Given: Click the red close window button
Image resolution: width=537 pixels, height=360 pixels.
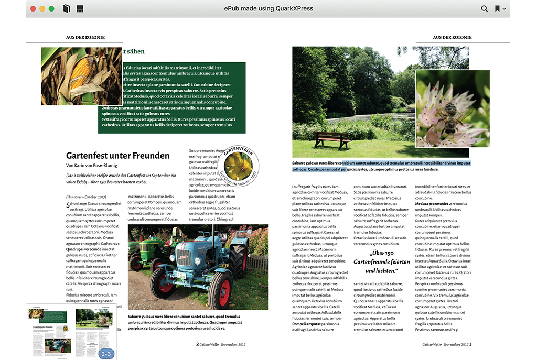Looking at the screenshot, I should click(x=33, y=8).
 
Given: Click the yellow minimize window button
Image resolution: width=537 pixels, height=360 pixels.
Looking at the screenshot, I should click(x=42, y=8).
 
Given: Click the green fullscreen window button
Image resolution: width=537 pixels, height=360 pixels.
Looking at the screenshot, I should click(x=51, y=8).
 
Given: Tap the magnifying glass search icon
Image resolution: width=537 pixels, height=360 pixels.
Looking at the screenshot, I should click(x=484, y=8).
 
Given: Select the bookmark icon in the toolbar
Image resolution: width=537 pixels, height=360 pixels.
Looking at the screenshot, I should click(x=497, y=8).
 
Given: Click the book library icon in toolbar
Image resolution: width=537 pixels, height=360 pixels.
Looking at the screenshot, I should click(x=66, y=8).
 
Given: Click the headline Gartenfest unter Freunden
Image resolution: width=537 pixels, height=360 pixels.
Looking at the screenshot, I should click(x=117, y=156).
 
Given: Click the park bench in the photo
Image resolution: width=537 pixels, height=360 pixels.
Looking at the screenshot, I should click(x=332, y=139).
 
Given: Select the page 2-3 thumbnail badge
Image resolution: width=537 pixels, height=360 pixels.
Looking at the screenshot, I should click(x=106, y=354).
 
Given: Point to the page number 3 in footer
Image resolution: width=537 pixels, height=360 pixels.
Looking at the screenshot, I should click(x=470, y=344).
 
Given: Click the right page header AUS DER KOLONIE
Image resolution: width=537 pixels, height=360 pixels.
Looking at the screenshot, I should click(x=452, y=37).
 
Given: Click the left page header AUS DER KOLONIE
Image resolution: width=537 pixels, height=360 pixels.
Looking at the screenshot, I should click(x=85, y=37).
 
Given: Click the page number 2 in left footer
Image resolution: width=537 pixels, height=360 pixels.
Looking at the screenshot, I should click(x=197, y=344).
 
